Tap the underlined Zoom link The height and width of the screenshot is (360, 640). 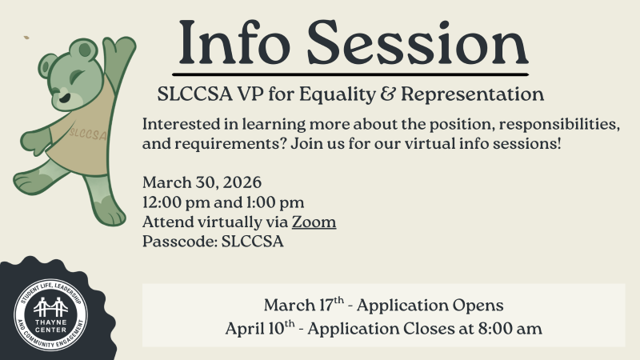coord(314,222)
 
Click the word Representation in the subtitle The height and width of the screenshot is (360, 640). coord(472,94)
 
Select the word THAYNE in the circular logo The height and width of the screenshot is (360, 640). coord(52,324)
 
